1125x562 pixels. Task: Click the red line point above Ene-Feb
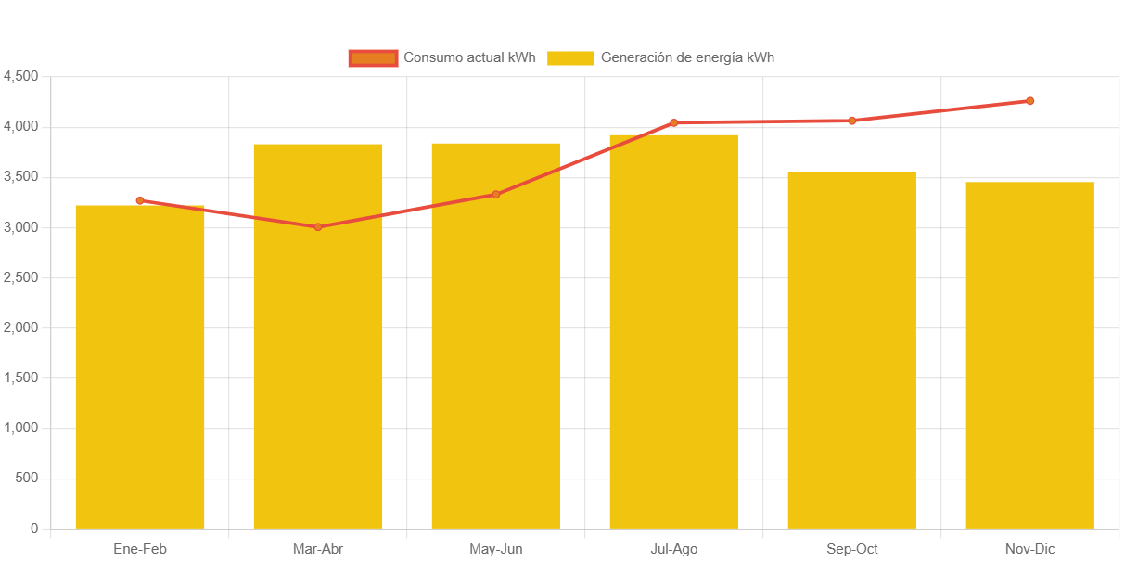tap(140, 200)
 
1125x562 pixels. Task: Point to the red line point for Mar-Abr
tap(318, 227)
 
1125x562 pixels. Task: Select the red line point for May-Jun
tap(496, 195)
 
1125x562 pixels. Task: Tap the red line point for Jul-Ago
tap(673, 122)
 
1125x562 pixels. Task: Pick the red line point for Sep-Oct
tap(851, 121)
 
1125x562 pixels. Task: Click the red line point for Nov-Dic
tap(1029, 101)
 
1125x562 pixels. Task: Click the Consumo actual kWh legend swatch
tap(373, 58)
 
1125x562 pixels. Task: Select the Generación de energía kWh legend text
tap(687, 58)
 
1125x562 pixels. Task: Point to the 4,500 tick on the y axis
tap(21, 76)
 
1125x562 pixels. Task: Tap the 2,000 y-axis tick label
tap(21, 327)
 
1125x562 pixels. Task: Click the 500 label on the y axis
tap(28, 479)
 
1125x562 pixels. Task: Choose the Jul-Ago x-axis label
tap(673, 549)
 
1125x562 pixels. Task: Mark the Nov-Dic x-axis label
tap(1029, 549)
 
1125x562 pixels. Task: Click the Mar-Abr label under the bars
tap(318, 549)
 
